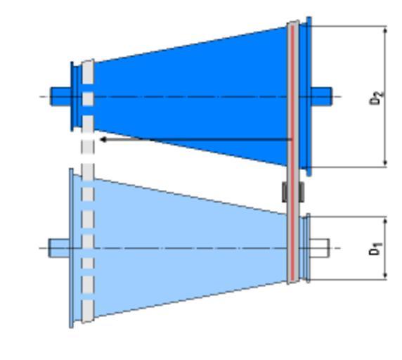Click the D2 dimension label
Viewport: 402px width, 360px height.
(x=377, y=98)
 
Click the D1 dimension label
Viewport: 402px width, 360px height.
(x=375, y=249)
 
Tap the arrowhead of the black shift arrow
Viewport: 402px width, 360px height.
(x=103, y=139)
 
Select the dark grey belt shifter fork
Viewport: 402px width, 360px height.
(x=293, y=192)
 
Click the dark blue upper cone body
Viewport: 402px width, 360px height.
(x=190, y=96)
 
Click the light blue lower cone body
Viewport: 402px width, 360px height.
(x=190, y=247)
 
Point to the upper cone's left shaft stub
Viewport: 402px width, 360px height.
(x=60, y=96)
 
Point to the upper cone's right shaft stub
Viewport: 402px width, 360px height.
(x=321, y=96)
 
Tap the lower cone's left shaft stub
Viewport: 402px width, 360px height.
(x=59, y=248)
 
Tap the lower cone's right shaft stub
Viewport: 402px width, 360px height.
(x=320, y=248)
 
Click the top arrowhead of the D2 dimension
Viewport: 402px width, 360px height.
(x=385, y=30)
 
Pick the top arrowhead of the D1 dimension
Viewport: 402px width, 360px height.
(x=385, y=221)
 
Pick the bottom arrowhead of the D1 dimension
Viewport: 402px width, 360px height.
(x=385, y=276)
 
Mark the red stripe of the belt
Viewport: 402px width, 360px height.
(x=292, y=153)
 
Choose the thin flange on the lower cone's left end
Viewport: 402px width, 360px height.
(x=71, y=248)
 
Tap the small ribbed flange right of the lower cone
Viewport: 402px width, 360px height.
(x=305, y=248)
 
